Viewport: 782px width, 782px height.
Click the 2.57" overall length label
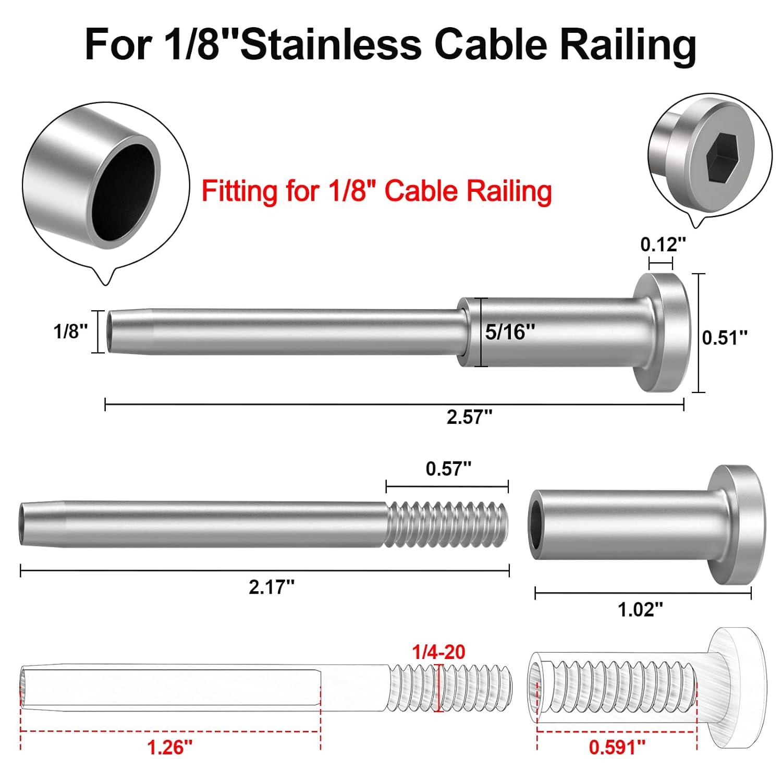coord(469,417)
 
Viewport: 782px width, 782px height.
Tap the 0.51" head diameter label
coord(725,338)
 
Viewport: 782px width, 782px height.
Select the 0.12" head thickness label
coord(663,244)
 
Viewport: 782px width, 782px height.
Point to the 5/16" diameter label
coord(509,332)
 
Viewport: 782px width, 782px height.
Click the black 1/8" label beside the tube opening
coord(70,331)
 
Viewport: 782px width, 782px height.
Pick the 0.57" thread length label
coord(448,469)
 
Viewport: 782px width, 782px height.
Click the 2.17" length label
coord(271,587)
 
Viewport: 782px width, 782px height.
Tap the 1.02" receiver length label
coord(640,609)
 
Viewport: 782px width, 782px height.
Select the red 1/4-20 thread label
coord(438,652)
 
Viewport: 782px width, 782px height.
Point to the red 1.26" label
coord(169,748)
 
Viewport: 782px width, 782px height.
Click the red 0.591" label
coord(617,747)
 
